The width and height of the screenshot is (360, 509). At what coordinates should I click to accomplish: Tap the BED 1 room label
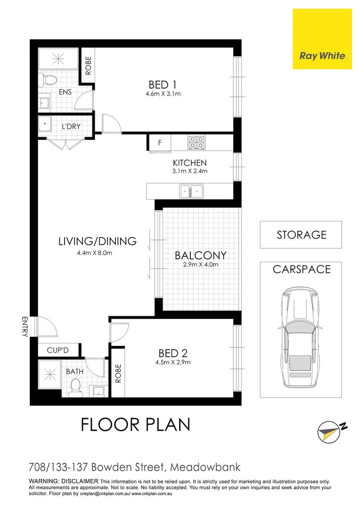(163, 85)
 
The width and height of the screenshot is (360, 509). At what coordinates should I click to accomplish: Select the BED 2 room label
(168, 353)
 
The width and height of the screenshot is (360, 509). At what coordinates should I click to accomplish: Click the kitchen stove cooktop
(196, 142)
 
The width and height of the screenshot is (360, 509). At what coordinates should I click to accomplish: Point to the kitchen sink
(191, 191)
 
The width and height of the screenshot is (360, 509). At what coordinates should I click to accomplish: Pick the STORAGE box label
(301, 235)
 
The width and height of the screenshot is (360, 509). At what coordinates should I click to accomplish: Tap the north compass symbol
(331, 430)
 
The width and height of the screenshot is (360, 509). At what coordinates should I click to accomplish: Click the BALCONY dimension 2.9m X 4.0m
(200, 264)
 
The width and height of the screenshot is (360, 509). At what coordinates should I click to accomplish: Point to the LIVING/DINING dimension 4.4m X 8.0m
(97, 253)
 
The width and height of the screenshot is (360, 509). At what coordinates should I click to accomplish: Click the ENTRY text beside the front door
(25, 326)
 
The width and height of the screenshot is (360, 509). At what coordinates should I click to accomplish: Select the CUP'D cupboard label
(58, 350)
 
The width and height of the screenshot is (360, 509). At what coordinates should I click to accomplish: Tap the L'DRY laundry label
(71, 126)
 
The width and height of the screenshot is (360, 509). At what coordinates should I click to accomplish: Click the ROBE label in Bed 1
(88, 66)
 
